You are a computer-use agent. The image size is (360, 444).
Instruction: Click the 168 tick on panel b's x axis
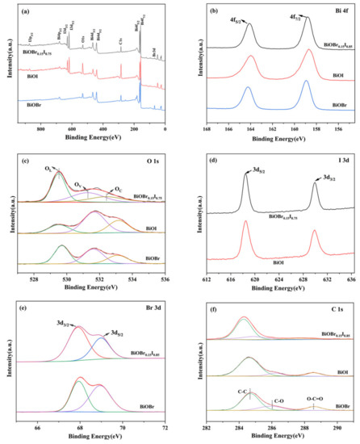(x=207, y=129)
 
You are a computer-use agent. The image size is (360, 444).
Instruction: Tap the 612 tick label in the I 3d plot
(x=207, y=279)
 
